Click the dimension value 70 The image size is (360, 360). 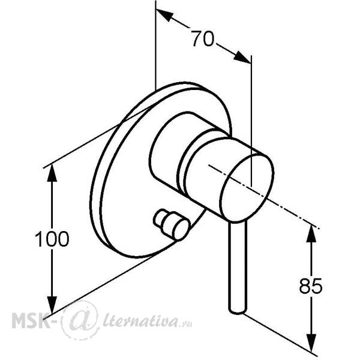coord(203,38)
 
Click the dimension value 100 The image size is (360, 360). coord(52,239)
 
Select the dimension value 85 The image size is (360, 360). coord(311,286)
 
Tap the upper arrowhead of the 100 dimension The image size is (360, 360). coord(52,173)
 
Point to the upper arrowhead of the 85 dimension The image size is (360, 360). coord(311,233)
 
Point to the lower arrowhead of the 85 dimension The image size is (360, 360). coord(311,343)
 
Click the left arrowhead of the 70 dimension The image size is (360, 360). coord(164,14)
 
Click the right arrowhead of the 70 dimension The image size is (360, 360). coord(242,57)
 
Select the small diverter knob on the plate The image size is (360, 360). coord(172,224)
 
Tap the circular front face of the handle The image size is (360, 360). coord(247,188)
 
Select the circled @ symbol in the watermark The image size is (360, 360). coord(80,320)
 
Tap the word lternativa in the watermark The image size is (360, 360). coord(140,320)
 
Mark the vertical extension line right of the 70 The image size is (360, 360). coord(251,121)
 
